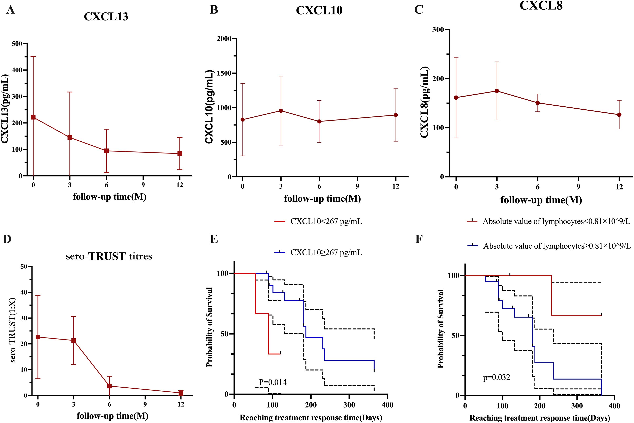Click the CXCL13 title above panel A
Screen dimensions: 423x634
(x=106, y=17)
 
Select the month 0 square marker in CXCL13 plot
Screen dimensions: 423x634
(x=33, y=117)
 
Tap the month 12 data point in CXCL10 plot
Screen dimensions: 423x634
(x=396, y=115)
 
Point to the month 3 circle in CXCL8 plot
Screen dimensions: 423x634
(x=497, y=91)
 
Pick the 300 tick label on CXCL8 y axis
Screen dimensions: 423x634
(x=438, y=30)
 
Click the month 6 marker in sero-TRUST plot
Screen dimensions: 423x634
(x=109, y=386)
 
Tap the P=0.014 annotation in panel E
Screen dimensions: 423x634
(x=273, y=382)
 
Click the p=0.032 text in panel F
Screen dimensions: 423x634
(x=497, y=377)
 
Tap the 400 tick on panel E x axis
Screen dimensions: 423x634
(x=388, y=405)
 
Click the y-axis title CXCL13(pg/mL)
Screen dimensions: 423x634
(x=5, y=109)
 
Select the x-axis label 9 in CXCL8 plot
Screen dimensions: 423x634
(x=578, y=187)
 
